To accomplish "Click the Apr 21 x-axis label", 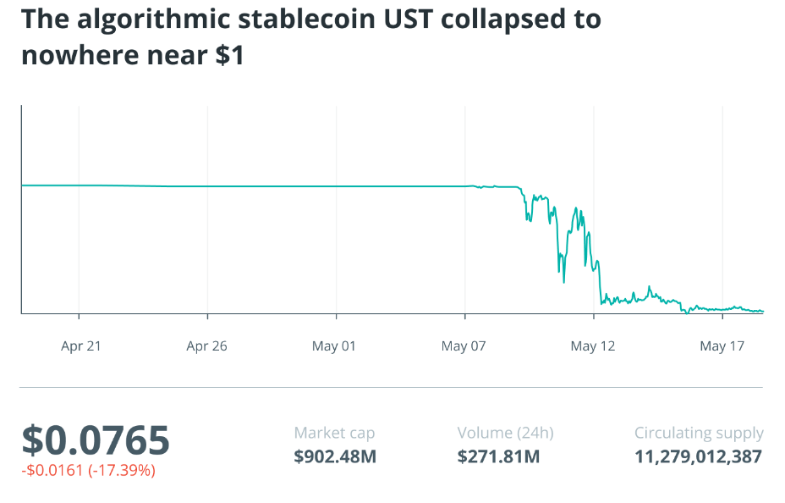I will click(81, 345).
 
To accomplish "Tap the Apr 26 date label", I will click(207, 345).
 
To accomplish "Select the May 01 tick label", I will click(334, 345).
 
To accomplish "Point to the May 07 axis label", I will click(463, 345).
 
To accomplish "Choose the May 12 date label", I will click(592, 345).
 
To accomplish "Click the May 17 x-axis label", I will click(721, 345).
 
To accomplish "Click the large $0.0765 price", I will click(96, 440).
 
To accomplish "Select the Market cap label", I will click(334, 433).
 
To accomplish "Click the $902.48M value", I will click(335, 457).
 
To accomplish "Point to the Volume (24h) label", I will click(505, 433).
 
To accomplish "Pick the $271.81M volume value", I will click(498, 457).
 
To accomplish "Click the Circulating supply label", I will click(699, 433).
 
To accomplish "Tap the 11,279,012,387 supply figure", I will click(698, 457).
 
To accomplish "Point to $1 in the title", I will click(229, 56).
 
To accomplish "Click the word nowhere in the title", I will click(79, 56).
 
